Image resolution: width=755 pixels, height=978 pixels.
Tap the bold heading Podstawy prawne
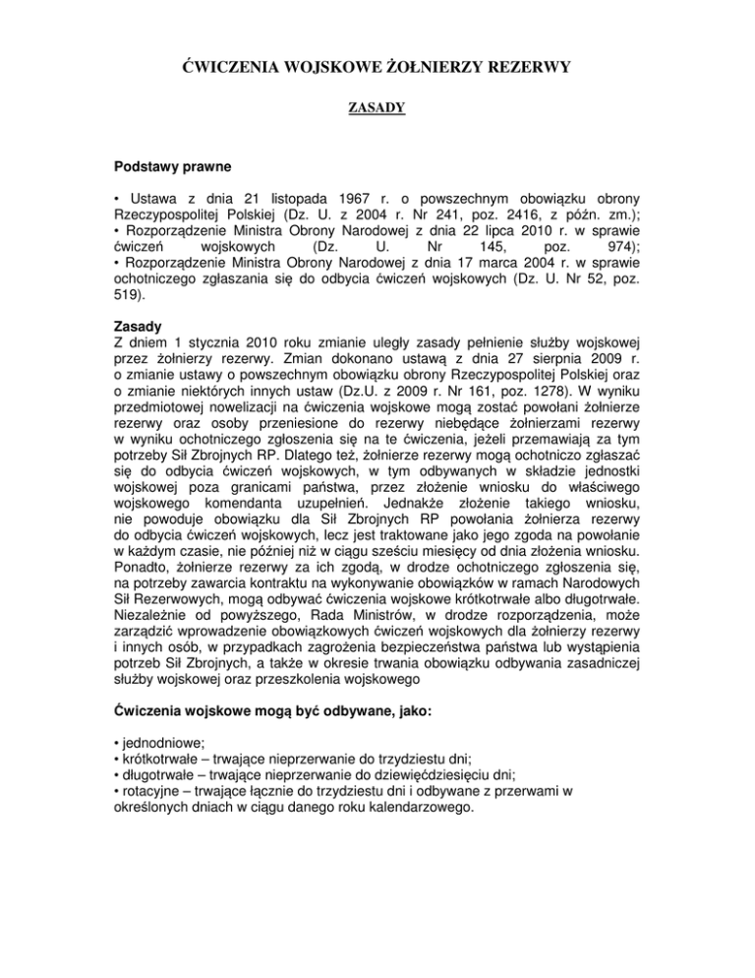[x=158, y=169]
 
